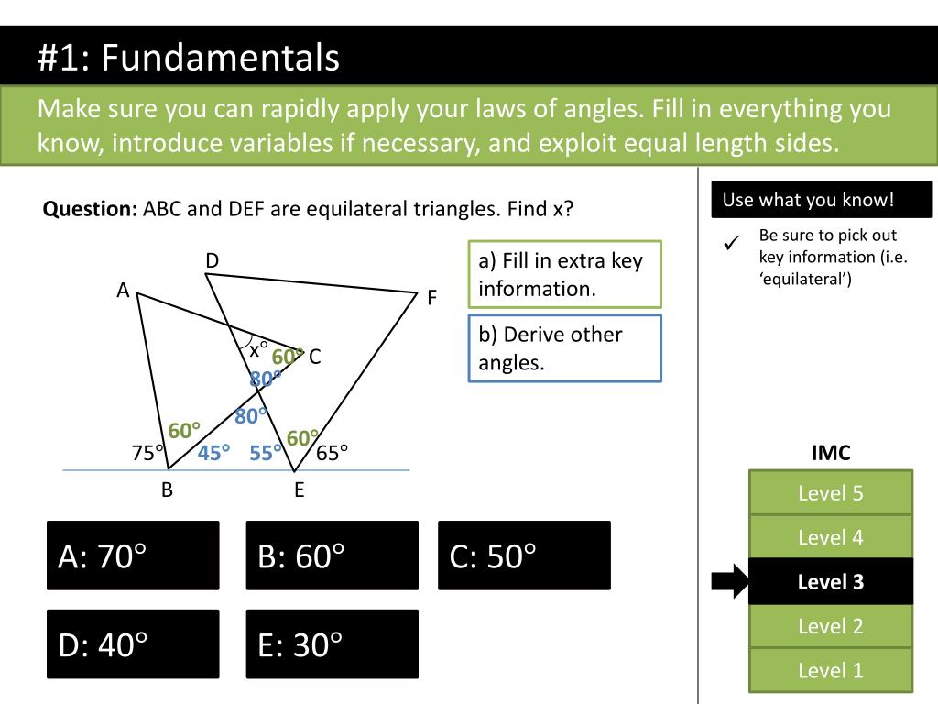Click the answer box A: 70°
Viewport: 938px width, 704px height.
coord(133,555)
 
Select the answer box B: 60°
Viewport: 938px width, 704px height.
coord(332,555)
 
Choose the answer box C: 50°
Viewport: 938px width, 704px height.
coord(524,555)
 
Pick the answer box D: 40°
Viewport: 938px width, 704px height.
coord(133,644)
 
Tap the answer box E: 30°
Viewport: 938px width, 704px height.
coord(332,644)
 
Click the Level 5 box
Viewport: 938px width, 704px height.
coord(830,493)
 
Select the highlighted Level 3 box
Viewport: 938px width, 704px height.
coord(830,582)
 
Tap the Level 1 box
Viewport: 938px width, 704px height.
coord(830,670)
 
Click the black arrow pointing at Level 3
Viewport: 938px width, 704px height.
coord(729,582)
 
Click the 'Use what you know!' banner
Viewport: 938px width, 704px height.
coord(821,200)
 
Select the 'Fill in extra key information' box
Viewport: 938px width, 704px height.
coord(564,274)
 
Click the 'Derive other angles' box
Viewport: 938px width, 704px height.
coord(564,347)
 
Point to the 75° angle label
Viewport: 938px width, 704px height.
coord(147,453)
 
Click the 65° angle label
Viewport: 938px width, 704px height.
coord(333,453)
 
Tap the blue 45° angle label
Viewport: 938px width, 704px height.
coord(214,452)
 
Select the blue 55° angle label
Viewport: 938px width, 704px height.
coord(267,452)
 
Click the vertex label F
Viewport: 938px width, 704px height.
coord(432,298)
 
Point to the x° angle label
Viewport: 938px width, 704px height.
coord(259,349)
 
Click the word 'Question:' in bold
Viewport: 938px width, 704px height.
coord(90,209)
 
